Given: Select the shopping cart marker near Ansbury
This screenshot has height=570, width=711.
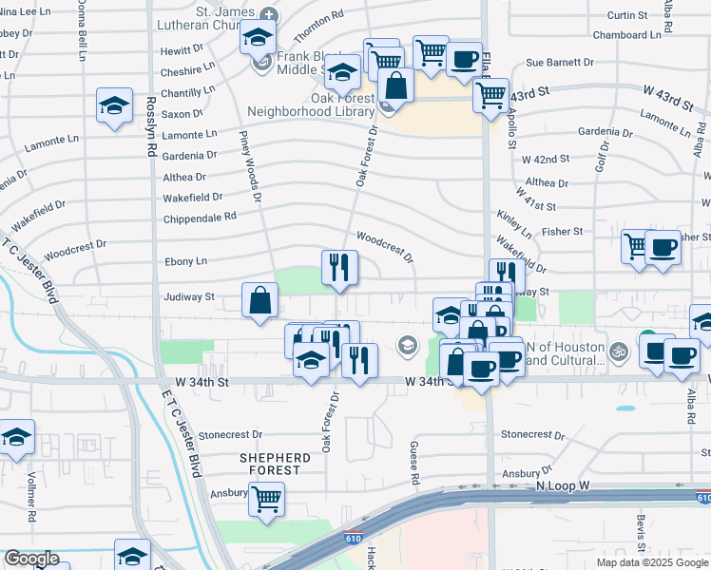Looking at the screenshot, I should coord(267,497).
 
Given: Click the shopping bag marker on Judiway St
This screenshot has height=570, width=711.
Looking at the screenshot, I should coord(259,300).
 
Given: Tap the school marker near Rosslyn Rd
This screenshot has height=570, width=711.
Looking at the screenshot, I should coord(114,104).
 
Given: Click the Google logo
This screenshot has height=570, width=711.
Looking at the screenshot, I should coord(31,560).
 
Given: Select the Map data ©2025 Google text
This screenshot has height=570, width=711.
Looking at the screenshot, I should coord(652,562).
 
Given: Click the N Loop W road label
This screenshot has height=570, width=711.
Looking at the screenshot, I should coord(563,485).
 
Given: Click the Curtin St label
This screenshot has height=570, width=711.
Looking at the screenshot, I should coord(626,16).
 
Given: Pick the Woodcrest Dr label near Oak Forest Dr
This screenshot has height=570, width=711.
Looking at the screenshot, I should coord(385,245).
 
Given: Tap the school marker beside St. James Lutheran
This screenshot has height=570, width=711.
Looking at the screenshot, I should coord(257,37).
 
